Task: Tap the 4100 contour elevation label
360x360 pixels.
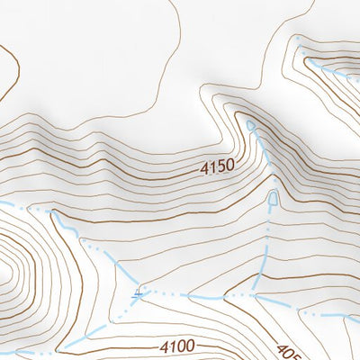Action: coord(177,346)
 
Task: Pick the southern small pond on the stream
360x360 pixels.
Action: coord(273,196)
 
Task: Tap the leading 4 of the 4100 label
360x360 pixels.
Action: coord(163,346)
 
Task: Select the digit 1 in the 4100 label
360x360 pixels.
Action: coord(172,346)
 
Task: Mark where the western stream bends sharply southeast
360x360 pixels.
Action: coord(54,215)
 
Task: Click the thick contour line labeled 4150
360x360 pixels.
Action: coord(135,175)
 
